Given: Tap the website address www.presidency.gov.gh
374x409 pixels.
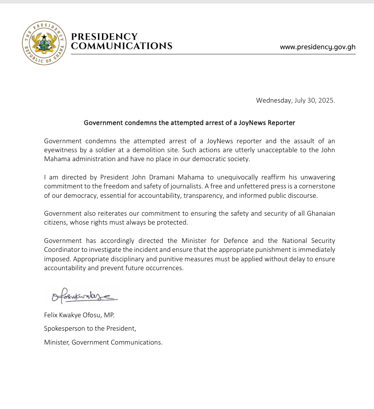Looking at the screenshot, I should point(318,47).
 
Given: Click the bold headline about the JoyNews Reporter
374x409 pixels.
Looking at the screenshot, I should point(189,122).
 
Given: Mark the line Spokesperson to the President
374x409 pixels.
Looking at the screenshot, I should point(90,328).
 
